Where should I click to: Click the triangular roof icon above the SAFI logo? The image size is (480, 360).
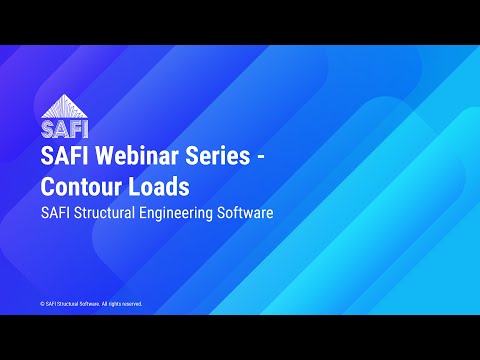(x=59, y=108)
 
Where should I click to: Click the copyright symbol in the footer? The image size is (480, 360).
(x=42, y=303)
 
